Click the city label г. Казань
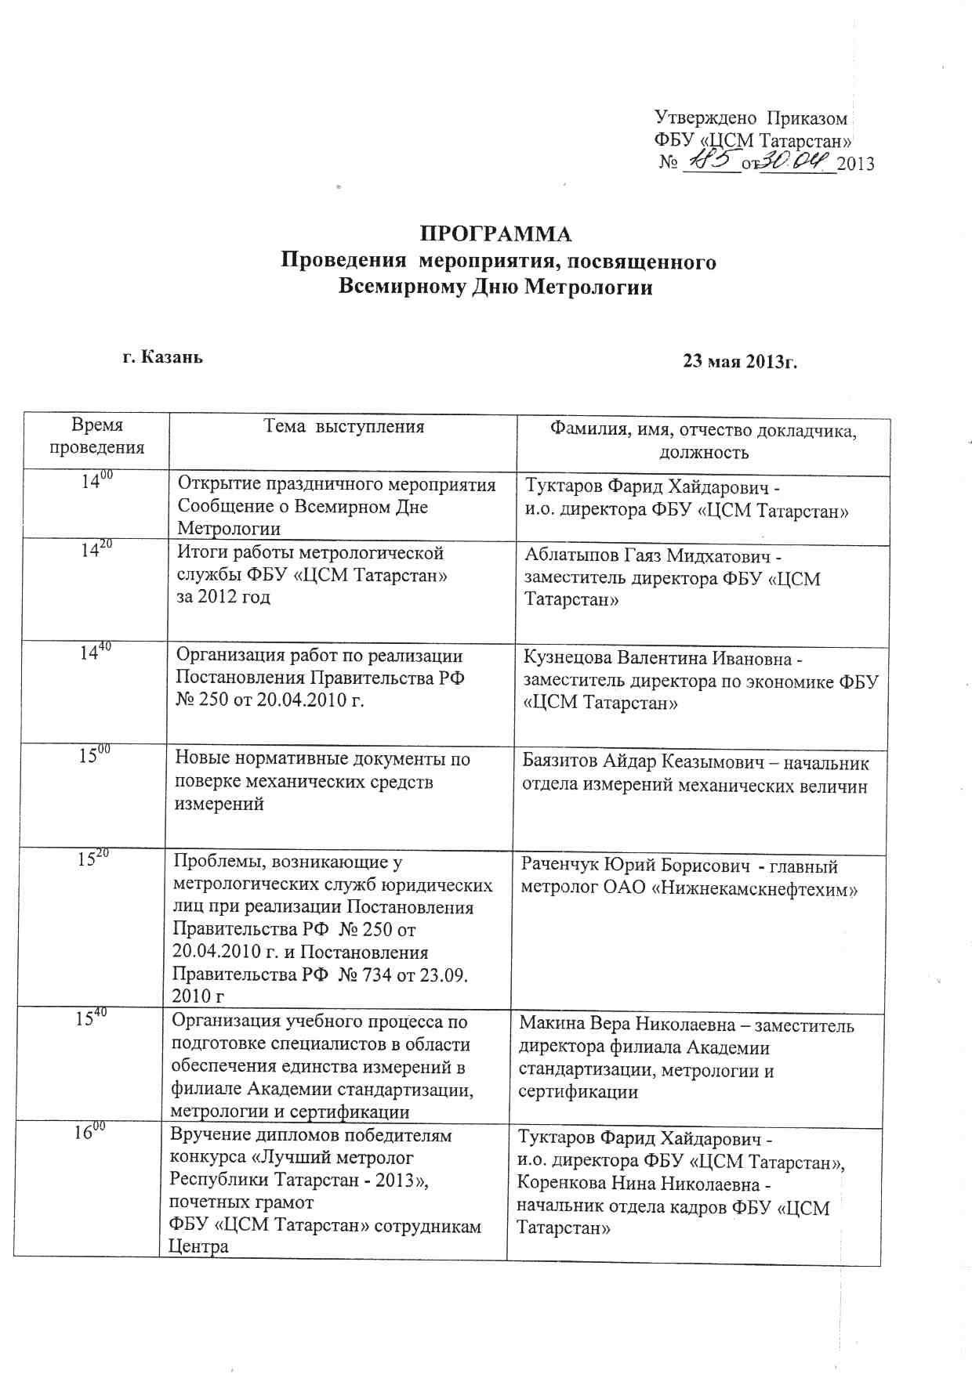(163, 357)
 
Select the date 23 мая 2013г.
(740, 361)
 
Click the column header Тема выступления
(343, 427)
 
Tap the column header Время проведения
(97, 436)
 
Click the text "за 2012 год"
(223, 597)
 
